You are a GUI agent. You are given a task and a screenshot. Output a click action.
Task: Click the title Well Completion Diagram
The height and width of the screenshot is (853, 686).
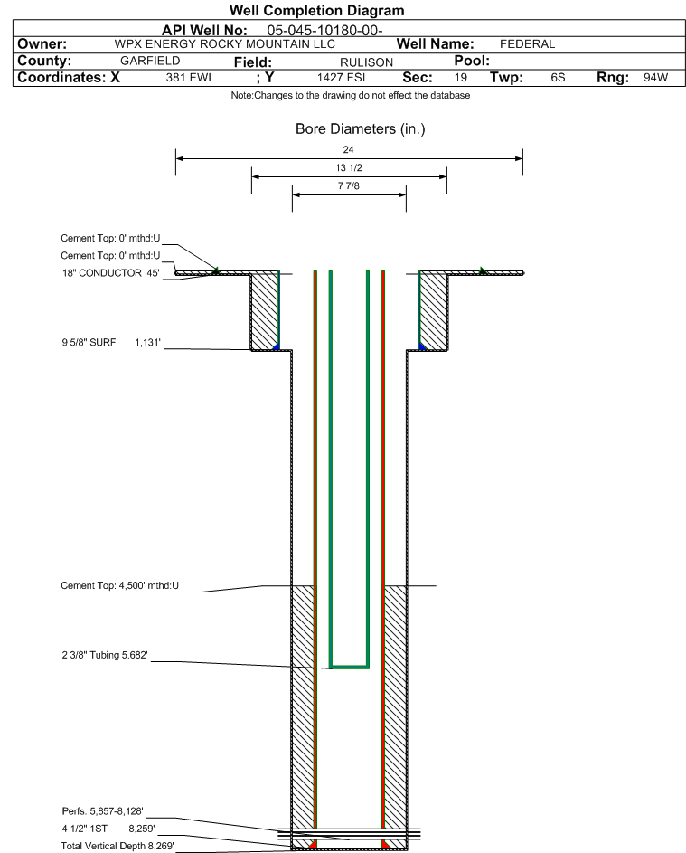coord(316,10)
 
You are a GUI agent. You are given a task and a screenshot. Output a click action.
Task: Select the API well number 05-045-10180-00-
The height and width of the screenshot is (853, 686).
coord(324,31)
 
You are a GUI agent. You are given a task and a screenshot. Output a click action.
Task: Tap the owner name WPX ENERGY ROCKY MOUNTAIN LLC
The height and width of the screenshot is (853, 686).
coord(224,44)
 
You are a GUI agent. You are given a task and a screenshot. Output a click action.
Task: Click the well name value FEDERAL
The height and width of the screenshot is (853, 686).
coord(527,44)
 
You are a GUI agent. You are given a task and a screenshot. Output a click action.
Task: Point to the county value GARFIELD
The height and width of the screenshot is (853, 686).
coord(150,61)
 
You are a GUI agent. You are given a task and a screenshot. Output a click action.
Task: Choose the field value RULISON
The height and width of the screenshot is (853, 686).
coord(366,62)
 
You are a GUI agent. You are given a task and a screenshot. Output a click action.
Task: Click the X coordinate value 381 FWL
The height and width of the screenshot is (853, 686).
coord(190,78)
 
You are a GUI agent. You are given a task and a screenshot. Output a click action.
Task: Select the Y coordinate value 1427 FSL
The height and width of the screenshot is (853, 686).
coord(343,78)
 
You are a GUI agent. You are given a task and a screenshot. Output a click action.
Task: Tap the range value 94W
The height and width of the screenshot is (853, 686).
coord(655,78)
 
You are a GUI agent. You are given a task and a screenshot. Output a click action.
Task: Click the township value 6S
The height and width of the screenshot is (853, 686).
coord(558,78)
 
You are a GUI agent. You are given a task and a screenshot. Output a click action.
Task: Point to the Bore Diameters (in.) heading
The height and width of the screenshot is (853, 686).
coord(360,129)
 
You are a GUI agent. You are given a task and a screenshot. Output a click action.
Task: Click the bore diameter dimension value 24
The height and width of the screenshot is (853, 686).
coord(349,149)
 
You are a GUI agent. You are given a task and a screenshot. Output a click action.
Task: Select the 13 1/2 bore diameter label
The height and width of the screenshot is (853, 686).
coord(349,167)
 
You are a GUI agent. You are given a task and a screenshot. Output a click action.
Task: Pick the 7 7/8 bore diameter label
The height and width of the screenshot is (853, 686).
coord(349,186)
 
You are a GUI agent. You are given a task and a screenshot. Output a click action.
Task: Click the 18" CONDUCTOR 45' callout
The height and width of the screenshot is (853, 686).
coord(111,273)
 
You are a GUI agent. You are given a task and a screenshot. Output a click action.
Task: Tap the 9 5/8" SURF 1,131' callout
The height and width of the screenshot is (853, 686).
coord(111,343)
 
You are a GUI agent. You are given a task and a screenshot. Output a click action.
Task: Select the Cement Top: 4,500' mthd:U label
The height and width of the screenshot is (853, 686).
coord(119,586)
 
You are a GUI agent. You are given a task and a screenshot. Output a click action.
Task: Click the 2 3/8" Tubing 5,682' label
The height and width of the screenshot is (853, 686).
coord(104,655)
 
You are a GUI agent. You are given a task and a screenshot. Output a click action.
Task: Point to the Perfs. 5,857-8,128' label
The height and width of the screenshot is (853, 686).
coord(102,811)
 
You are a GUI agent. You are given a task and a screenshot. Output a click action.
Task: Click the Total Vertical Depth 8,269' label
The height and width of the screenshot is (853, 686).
coord(117,846)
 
